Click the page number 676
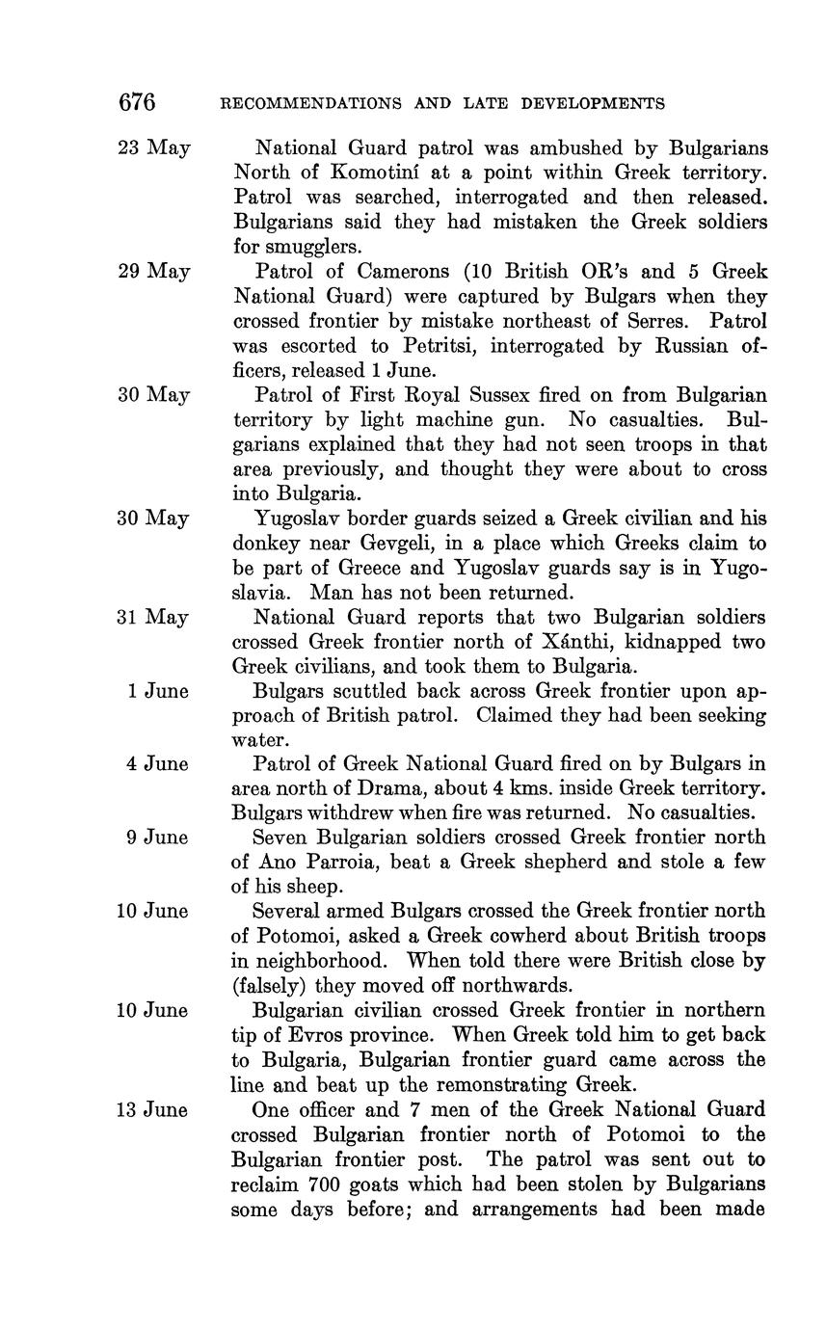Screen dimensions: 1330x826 click(136, 102)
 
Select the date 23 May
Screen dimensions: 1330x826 click(154, 148)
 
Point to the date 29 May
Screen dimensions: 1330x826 click(154, 272)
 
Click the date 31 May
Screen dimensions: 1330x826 click(153, 618)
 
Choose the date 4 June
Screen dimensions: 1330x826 click(157, 764)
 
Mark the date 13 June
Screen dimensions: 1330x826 click(152, 1110)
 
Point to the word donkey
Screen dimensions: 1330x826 click(265, 544)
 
